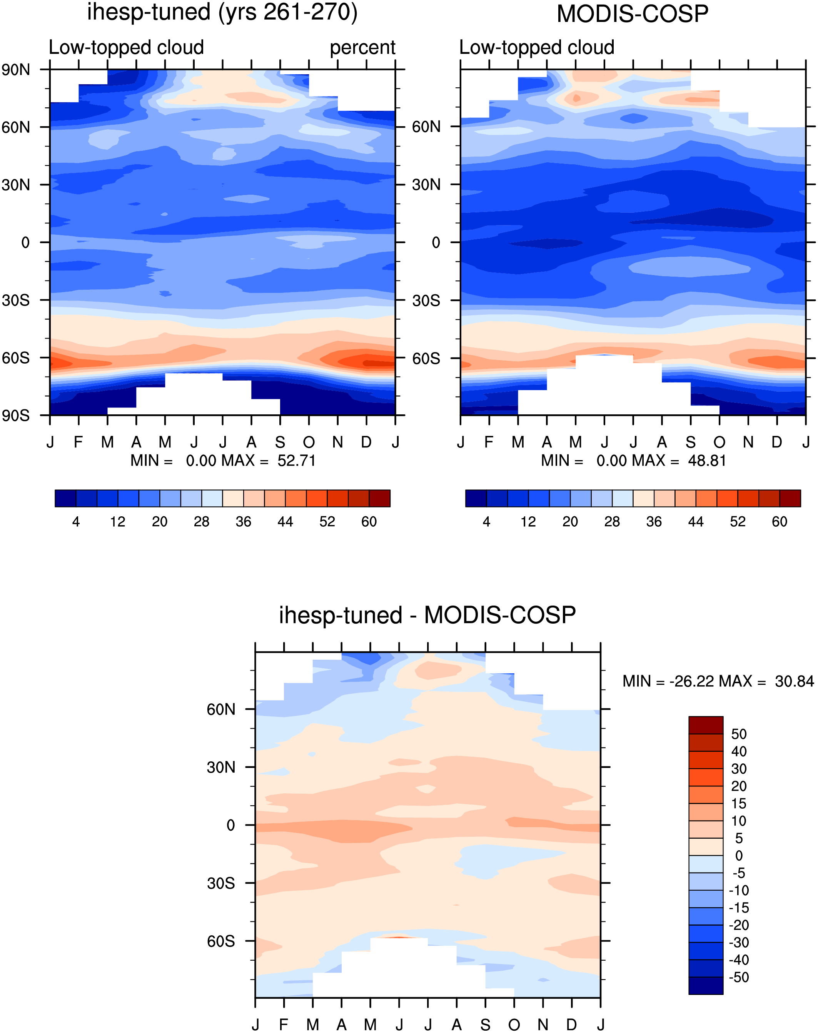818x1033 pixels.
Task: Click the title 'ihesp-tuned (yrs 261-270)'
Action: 222,12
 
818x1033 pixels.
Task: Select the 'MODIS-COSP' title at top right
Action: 633,13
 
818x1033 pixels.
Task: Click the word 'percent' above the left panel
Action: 362,48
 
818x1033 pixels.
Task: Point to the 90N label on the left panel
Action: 16,70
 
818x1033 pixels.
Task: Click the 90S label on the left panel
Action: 16,415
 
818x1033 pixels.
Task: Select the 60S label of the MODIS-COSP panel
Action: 426,358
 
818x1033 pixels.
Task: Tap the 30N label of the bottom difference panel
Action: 221,767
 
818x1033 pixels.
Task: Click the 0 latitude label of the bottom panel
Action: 231,825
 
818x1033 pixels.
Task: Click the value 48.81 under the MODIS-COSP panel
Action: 707,461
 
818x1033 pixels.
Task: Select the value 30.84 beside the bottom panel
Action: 795,681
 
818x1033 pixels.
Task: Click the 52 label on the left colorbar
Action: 327,522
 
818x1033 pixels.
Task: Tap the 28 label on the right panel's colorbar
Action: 612,522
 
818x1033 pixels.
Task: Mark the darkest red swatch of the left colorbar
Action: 380,498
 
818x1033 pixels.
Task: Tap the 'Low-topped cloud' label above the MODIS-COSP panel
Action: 537,47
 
